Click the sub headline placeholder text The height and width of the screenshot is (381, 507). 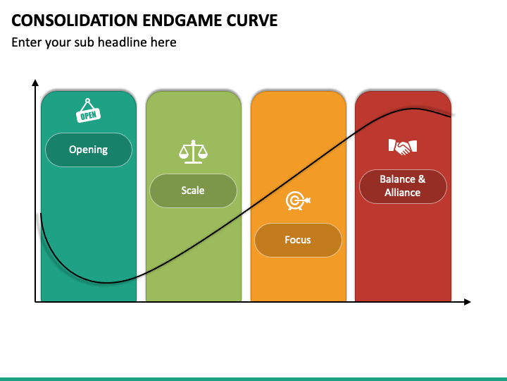(x=94, y=42)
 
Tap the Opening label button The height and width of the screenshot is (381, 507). (x=89, y=150)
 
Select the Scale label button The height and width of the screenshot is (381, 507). (x=193, y=190)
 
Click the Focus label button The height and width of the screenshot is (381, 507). (x=298, y=240)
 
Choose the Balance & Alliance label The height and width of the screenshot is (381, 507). (x=403, y=186)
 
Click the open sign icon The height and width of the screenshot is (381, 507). (x=88, y=112)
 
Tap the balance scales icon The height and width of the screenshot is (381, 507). (x=193, y=150)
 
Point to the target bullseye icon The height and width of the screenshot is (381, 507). (x=297, y=201)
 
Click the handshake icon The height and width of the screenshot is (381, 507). (x=403, y=147)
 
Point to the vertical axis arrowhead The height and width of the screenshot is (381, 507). (x=35, y=83)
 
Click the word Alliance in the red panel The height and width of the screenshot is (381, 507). (x=403, y=193)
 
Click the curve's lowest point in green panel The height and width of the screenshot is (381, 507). (x=106, y=283)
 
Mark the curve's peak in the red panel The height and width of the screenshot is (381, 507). (x=415, y=109)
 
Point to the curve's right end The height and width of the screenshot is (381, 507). (x=451, y=116)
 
